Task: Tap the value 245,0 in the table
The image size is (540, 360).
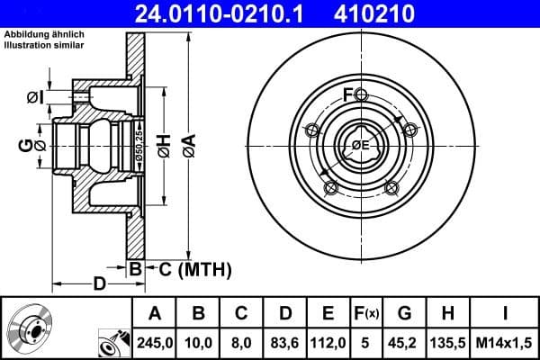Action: (154, 342)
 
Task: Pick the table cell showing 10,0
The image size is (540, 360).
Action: (199, 342)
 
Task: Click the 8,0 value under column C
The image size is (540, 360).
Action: (242, 342)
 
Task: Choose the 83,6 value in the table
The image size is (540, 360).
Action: (285, 342)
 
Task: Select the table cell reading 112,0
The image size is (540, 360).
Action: (328, 342)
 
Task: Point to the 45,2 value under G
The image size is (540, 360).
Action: (404, 342)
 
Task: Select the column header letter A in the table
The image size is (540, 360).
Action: (154, 314)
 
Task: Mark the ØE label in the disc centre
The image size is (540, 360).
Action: (359, 145)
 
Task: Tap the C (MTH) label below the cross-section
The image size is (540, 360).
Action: (195, 268)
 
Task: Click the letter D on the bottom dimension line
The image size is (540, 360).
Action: (100, 284)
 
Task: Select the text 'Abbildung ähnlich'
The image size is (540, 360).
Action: (45, 34)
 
